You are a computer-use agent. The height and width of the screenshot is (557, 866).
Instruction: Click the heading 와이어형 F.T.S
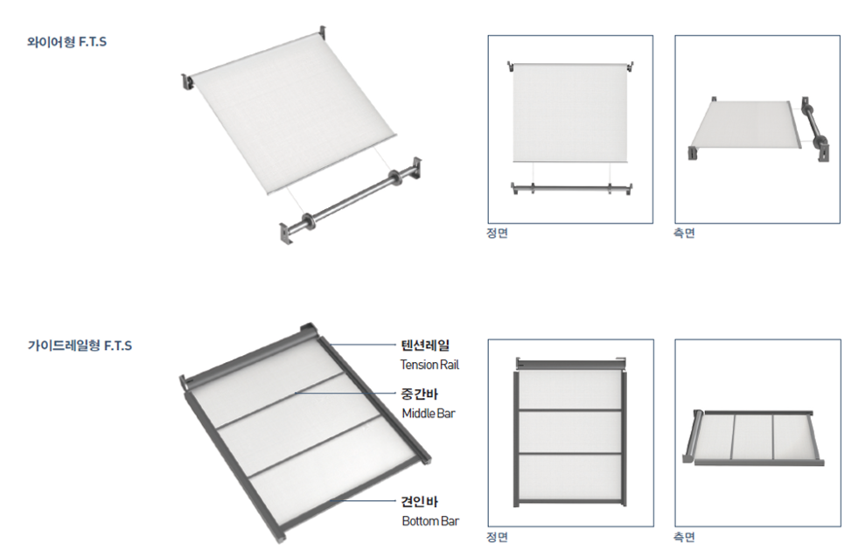[x=66, y=42]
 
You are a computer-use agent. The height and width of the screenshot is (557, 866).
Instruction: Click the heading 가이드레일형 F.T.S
[x=80, y=345]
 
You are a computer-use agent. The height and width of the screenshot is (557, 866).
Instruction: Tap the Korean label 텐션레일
[x=425, y=345]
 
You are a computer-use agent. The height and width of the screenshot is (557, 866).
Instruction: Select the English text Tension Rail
[x=430, y=365]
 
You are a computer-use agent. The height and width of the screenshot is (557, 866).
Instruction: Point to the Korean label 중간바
[x=420, y=393]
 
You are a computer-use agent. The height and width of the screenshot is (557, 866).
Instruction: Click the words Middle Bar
[x=429, y=414]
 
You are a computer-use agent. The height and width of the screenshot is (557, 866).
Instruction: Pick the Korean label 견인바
[x=420, y=501]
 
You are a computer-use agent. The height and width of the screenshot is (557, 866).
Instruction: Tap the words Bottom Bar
[x=430, y=521]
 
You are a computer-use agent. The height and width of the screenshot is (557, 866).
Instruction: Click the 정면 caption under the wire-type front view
[x=497, y=233]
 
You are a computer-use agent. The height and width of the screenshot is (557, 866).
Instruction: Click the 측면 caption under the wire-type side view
[x=684, y=233]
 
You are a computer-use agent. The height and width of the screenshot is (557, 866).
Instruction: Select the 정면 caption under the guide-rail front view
[x=497, y=537]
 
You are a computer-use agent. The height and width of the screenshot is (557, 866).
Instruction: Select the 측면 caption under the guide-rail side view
[x=684, y=537]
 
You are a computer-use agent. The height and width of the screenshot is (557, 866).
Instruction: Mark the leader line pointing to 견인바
[x=363, y=501]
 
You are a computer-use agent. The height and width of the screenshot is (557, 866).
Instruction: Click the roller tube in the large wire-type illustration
[x=352, y=200]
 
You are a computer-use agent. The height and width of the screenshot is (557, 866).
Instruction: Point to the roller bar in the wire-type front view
[x=571, y=188]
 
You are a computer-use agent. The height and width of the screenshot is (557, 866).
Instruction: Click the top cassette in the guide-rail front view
[x=571, y=364]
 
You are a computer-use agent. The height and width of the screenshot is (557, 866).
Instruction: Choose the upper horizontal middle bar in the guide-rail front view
[x=570, y=410]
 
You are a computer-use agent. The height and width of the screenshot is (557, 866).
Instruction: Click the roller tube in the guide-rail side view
[x=691, y=435]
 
